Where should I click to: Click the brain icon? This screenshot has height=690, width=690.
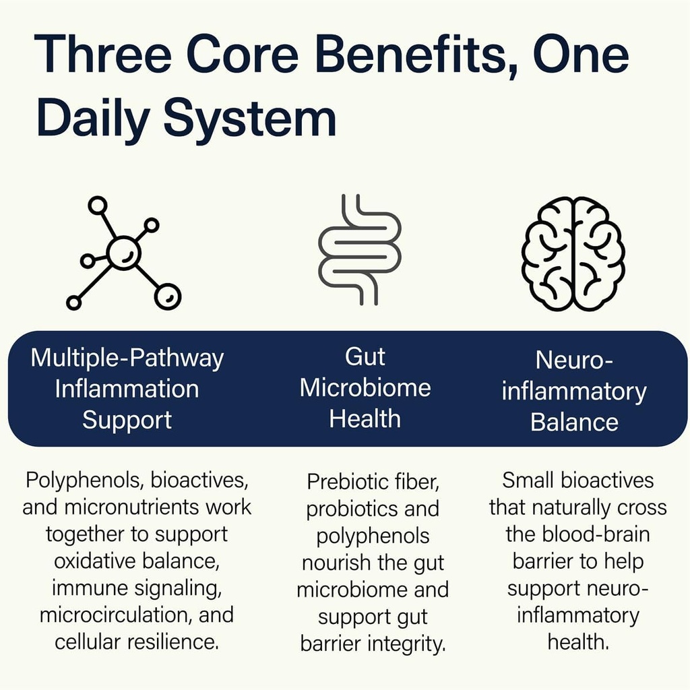tap(573, 253)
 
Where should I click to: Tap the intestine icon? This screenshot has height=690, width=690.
tap(360, 249)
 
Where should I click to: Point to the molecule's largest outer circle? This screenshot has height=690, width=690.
tap(168, 296)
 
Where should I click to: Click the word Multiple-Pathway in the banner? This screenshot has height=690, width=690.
tap(127, 358)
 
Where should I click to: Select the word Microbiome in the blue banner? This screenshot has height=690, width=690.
tap(365, 387)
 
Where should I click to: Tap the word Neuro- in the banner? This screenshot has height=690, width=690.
tap(574, 360)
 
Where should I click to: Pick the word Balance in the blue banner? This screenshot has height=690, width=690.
tap(574, 422)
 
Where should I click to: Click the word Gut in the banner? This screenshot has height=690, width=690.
tap(365, 356)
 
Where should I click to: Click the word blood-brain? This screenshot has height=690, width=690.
tap(596, 534)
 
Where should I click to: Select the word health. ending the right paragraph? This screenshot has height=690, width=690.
tap(578, 642)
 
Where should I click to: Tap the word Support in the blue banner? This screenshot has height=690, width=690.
tap(127, 420)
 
